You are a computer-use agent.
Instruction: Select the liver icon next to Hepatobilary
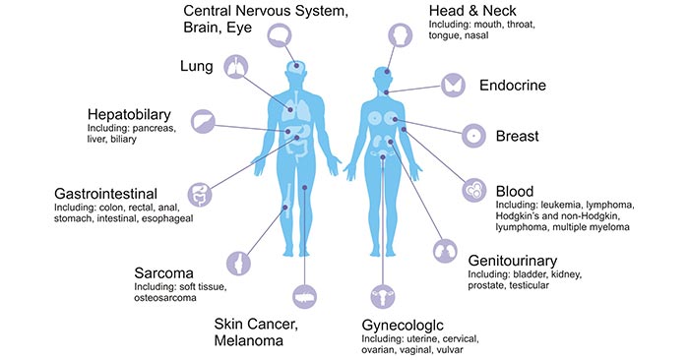pyautogui.click(x=203, y=121)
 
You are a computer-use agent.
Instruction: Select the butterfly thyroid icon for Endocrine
pyautogui.click(x=454, y=85)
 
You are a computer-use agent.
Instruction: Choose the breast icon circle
pyautogui.click(x=474, y=135)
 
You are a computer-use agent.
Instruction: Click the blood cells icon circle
pyautogui.click(x=473, y=190)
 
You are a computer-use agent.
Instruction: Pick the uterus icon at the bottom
pyautogui.click(x=377, y=296)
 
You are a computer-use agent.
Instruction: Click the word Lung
pyautogui.click(x=197, y=66)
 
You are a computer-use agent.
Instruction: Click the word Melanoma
pyautogui.click(x=251, y=340)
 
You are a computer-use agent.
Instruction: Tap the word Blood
pyautogui.click(x=517, y=191)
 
